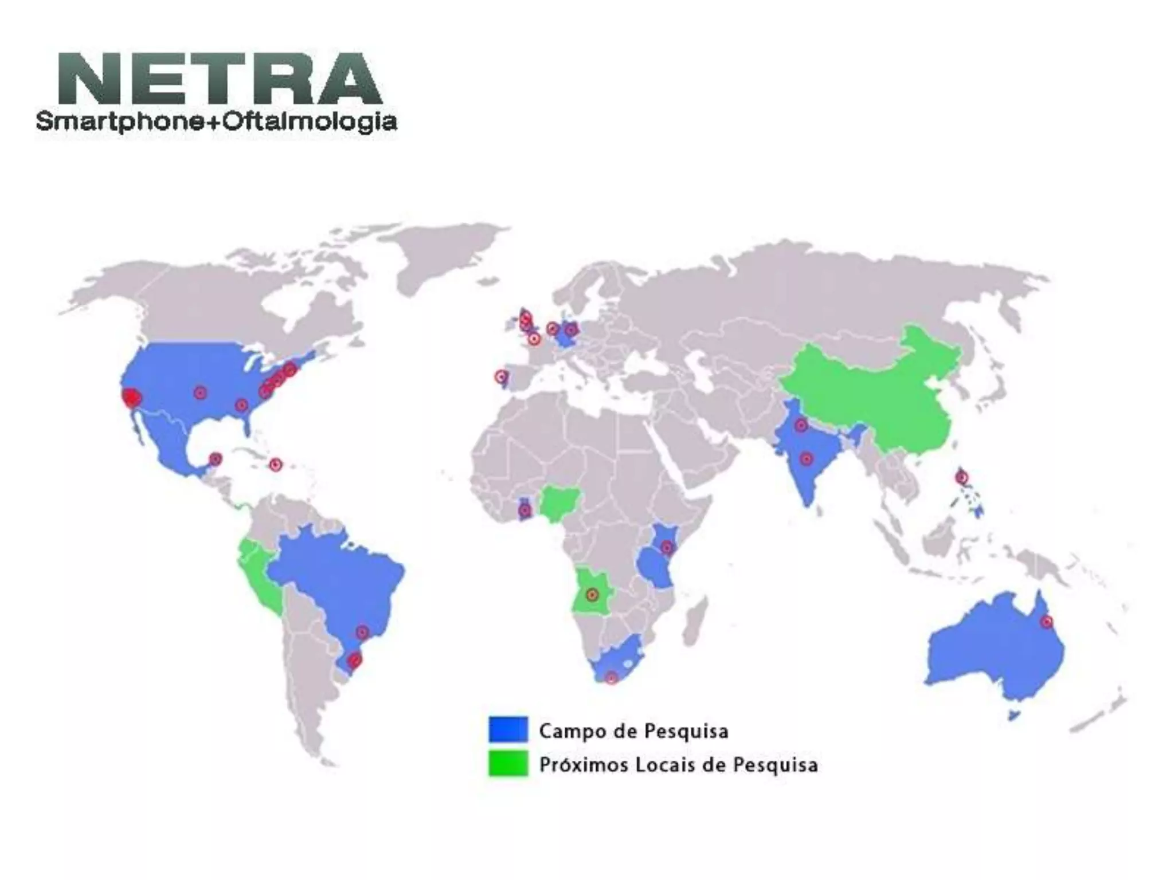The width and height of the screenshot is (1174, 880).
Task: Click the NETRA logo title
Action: (x=220, y=78)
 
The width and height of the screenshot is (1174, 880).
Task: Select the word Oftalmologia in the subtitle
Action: (x=310, y=122)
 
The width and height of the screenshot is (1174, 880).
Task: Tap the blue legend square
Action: (x=508, y=729)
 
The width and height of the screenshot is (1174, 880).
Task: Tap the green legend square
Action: (x=508, y=764)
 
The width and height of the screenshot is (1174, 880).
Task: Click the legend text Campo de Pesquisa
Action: (x=633, y=730)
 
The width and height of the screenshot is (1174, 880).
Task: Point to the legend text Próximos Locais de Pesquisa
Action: (x=678, y=765)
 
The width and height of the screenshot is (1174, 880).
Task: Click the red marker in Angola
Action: (x=592, y=595)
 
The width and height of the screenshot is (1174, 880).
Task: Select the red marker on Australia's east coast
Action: (x=1047, y=622)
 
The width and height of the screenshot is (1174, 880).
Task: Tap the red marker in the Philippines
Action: (x=961, y=477)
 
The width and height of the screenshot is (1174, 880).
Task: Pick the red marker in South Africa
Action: (x=611, y=678)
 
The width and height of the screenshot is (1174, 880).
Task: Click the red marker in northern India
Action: (x=801, y=426)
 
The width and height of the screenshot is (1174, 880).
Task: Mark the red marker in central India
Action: (x=807, y=459)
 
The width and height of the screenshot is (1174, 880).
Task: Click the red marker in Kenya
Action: (x=666, y=547)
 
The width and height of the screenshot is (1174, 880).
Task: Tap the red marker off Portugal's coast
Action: (x=502, y=376)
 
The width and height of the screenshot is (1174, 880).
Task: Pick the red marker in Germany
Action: (x=570, y=330)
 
